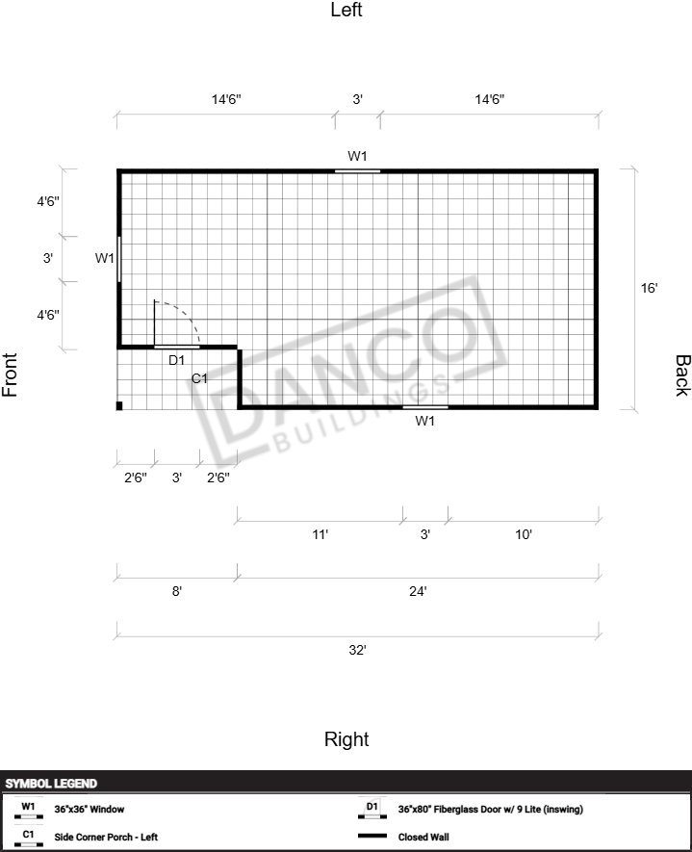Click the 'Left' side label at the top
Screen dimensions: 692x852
346,10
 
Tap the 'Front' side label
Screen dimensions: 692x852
10,374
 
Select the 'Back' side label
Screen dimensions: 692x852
682,375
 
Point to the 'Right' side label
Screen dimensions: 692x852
346,739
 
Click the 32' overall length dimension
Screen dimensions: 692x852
357,650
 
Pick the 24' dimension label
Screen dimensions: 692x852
418,591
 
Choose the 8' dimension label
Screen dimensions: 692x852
177,591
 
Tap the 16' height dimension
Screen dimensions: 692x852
649,288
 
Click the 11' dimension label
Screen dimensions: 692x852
320,534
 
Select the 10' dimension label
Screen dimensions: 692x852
524,534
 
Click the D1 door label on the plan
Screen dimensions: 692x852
176,360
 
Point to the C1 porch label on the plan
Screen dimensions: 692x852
199,378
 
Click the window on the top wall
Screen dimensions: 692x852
357,171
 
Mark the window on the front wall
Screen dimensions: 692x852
119,259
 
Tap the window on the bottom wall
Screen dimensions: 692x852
425,406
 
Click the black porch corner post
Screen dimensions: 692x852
119,405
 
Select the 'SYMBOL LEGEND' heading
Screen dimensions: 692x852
51,784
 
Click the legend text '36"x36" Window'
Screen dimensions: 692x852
90,809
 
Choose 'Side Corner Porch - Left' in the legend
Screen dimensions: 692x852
106,837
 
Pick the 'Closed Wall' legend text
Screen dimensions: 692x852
423,837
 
